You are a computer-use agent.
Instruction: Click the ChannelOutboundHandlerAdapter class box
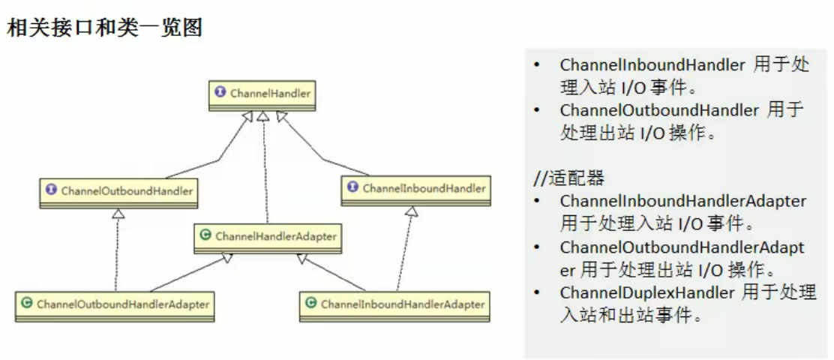115,305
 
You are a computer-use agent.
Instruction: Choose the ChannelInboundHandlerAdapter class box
394,305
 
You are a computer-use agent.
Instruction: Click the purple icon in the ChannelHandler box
220,92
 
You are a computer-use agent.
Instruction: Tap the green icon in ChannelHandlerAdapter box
205,235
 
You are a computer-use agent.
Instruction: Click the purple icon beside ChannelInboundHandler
353,188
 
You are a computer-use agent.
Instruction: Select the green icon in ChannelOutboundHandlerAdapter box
27,304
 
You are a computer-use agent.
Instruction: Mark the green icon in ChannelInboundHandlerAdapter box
311,304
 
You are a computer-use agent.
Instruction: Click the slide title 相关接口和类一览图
105,28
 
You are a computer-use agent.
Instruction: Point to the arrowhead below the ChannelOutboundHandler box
117,214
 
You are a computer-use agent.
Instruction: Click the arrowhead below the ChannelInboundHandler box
410,212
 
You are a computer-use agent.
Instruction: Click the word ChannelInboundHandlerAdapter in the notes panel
682,201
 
